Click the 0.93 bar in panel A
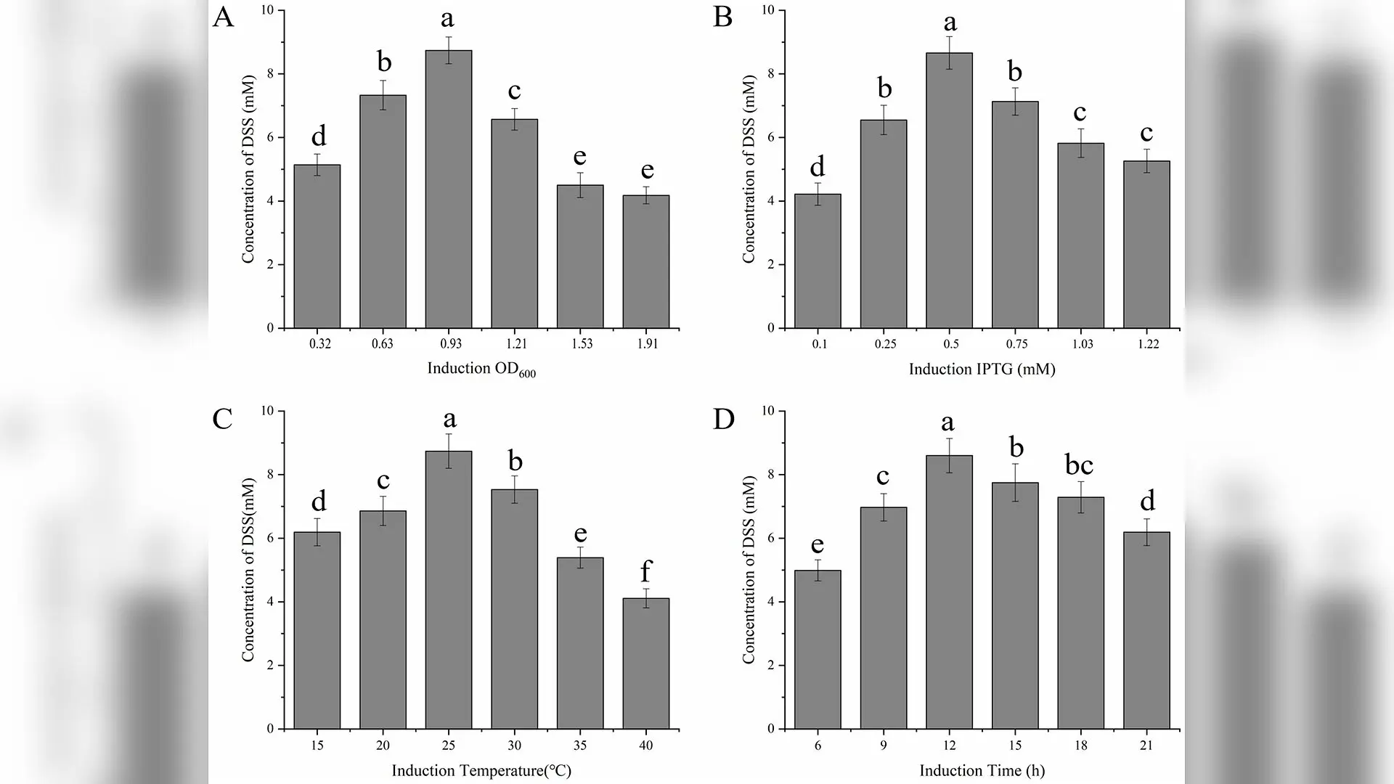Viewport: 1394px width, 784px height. click(x=449, y=189)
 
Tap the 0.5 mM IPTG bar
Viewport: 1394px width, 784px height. click(x=949, y=190)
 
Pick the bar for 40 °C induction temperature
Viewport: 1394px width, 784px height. click(x=646, y=663)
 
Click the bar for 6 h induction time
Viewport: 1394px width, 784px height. click(x=818, y=650)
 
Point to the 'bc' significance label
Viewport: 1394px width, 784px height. click(x=1079, y=465)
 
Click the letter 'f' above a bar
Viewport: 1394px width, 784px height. click(x=645, y=571)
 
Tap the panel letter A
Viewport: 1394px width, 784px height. click(x=223, y=17)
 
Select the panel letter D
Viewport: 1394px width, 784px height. click(x=724, y=419)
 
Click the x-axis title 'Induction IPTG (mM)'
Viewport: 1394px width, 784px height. click(x=982, y=369)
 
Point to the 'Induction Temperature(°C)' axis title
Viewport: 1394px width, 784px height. click(x=481, y=770)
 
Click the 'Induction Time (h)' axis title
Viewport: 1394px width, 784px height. click(x=982, y=770)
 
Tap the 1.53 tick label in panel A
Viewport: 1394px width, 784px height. click(x=579, y=343)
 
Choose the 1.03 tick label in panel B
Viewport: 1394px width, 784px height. click(x=1082, y=343)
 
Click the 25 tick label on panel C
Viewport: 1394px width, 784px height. click(x=449, y=745)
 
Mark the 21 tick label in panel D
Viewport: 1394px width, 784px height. click(x=1146, y=745)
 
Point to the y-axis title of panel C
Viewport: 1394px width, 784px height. click(x=248, y=570)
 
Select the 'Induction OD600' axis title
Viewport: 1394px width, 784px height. click(x=481, y=369)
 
